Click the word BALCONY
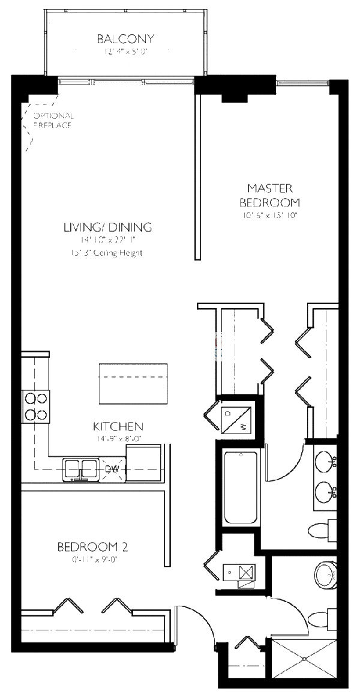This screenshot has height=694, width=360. point(125,39)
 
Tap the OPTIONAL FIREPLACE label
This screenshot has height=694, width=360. point(53,121)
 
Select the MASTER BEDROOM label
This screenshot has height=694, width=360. point(269,195)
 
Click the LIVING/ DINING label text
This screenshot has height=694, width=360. point(107,227)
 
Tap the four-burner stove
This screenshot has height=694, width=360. point(35,406)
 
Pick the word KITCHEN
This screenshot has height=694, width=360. point(118,426)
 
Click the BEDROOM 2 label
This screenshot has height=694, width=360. point(92,547)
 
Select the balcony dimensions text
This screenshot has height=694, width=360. point(125,52)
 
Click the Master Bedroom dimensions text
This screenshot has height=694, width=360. point(269,214)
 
